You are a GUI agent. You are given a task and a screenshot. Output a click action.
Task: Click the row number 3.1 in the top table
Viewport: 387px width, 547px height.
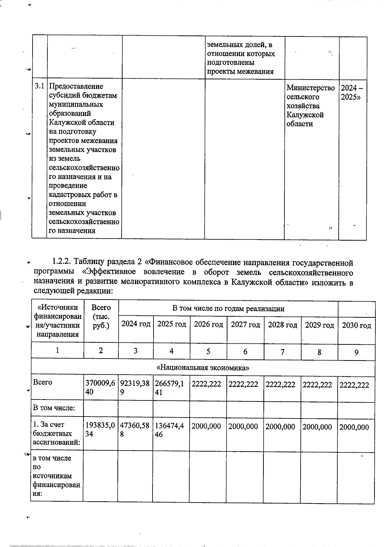[39, 86]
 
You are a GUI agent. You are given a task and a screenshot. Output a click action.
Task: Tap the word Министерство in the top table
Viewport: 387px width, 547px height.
[311, 88]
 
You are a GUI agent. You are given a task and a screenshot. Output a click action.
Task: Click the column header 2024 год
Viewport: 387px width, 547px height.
[136, 324]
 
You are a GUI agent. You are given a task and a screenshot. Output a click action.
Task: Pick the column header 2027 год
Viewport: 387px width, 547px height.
[245, 325]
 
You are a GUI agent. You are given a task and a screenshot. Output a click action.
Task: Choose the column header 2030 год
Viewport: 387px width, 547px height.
[356, 325]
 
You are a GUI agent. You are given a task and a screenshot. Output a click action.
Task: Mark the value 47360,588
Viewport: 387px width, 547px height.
[135, 430]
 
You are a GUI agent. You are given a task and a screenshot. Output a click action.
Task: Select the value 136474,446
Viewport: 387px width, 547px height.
[171, 430]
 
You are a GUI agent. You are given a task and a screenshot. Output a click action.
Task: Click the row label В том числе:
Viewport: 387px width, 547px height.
[54, 408]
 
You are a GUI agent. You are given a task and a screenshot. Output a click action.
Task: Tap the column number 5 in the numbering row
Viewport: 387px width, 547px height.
[208, 351]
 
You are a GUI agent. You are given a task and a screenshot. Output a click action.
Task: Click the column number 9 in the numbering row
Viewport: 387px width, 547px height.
[356, 352]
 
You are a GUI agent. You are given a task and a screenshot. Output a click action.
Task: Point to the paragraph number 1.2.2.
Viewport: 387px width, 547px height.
[62, 261]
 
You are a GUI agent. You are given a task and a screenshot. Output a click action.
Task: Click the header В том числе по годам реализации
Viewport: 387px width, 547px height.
[228, 309]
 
